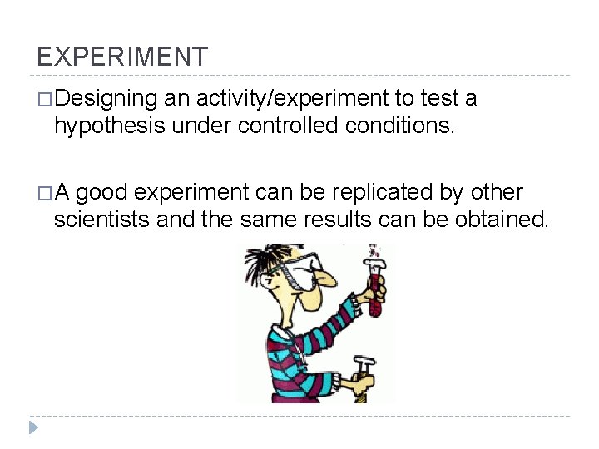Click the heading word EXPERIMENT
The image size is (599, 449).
tap(122, 57)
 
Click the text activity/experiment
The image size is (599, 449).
tap(293, 99)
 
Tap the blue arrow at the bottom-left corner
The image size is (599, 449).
tap(32, 428)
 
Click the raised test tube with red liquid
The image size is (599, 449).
tap(375, 287)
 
